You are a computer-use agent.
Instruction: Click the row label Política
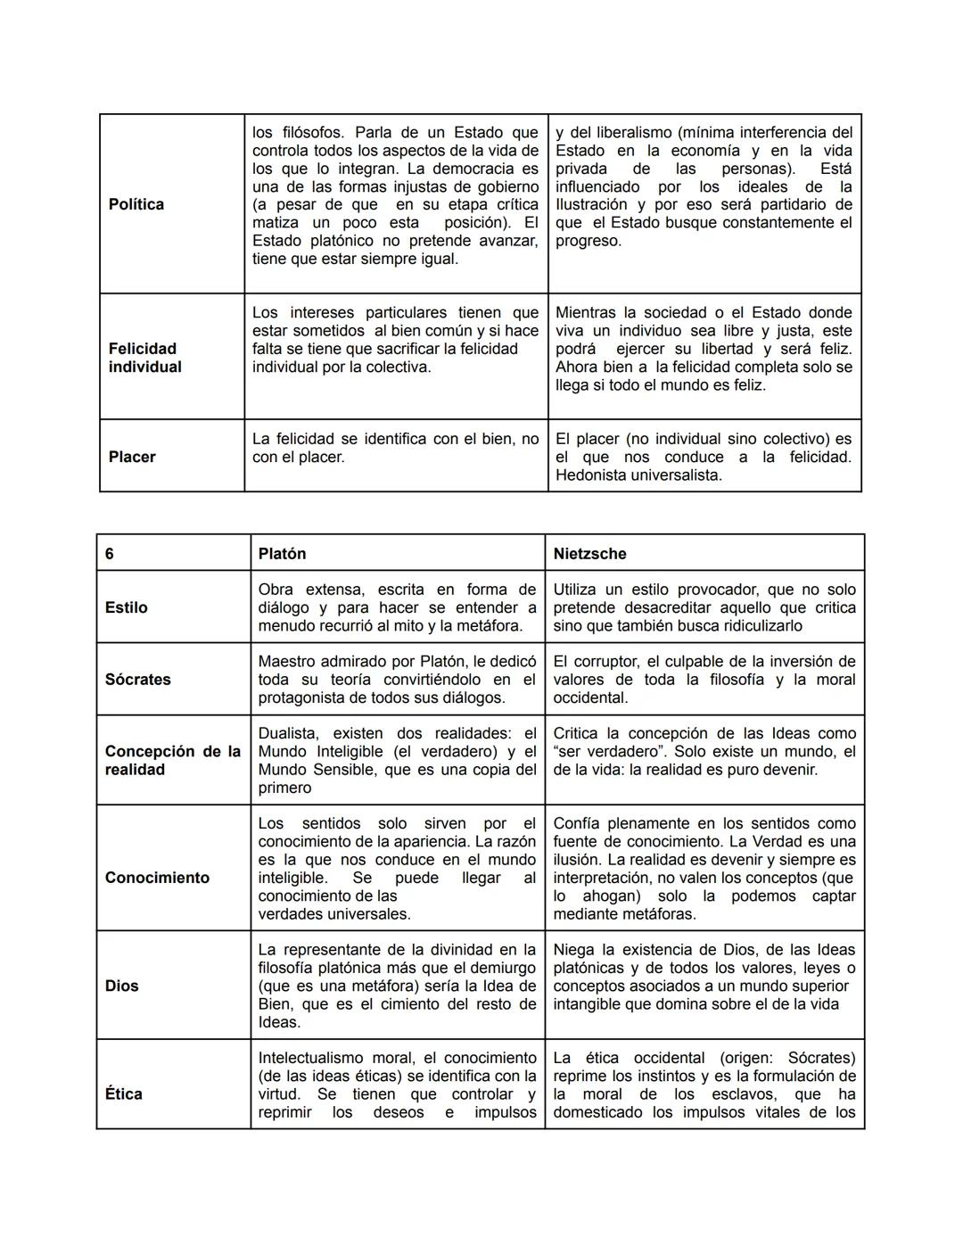136,204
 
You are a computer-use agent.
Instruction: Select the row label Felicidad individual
144,358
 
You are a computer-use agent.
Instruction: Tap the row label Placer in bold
132,457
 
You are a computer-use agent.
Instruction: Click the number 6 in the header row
110,554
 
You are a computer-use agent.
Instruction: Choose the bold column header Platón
282,554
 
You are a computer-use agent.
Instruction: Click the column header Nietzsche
589,554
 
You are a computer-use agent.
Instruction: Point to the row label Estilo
127,607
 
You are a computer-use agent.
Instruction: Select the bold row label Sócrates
138,680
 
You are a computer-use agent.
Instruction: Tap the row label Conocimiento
158,878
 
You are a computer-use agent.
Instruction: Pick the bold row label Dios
122,986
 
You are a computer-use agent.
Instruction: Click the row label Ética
124,1093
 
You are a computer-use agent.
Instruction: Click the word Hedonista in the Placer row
590,475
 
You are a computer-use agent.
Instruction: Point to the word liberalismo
618,133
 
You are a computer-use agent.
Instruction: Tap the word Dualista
288,733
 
